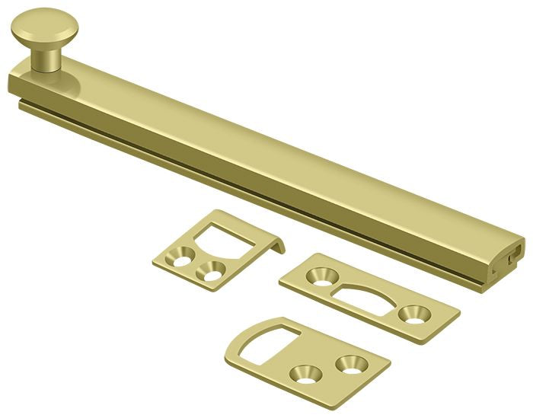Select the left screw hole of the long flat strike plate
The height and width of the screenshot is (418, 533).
pos(319,274)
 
